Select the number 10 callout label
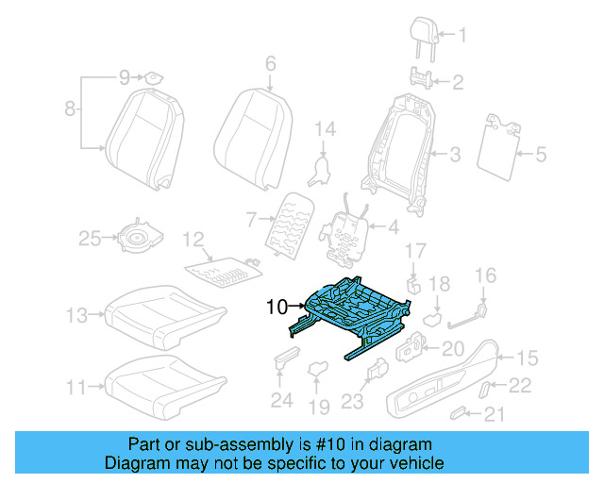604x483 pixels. click(277, 306)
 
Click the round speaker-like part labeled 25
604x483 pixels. click(138, 241)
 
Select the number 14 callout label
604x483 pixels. click(325, 128)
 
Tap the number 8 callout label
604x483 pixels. click(70, 110)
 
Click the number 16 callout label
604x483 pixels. click(484, 275)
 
